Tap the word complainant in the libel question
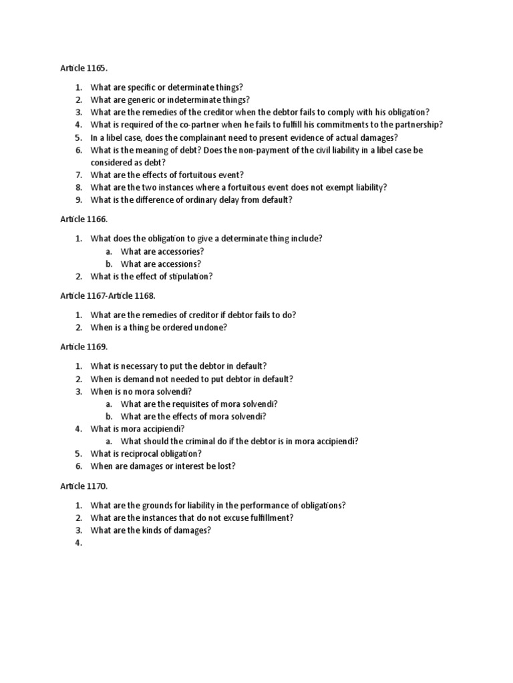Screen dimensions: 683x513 point(204,137)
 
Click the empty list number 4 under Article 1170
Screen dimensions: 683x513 point(78,544)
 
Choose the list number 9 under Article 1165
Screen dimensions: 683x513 point(78,200)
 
